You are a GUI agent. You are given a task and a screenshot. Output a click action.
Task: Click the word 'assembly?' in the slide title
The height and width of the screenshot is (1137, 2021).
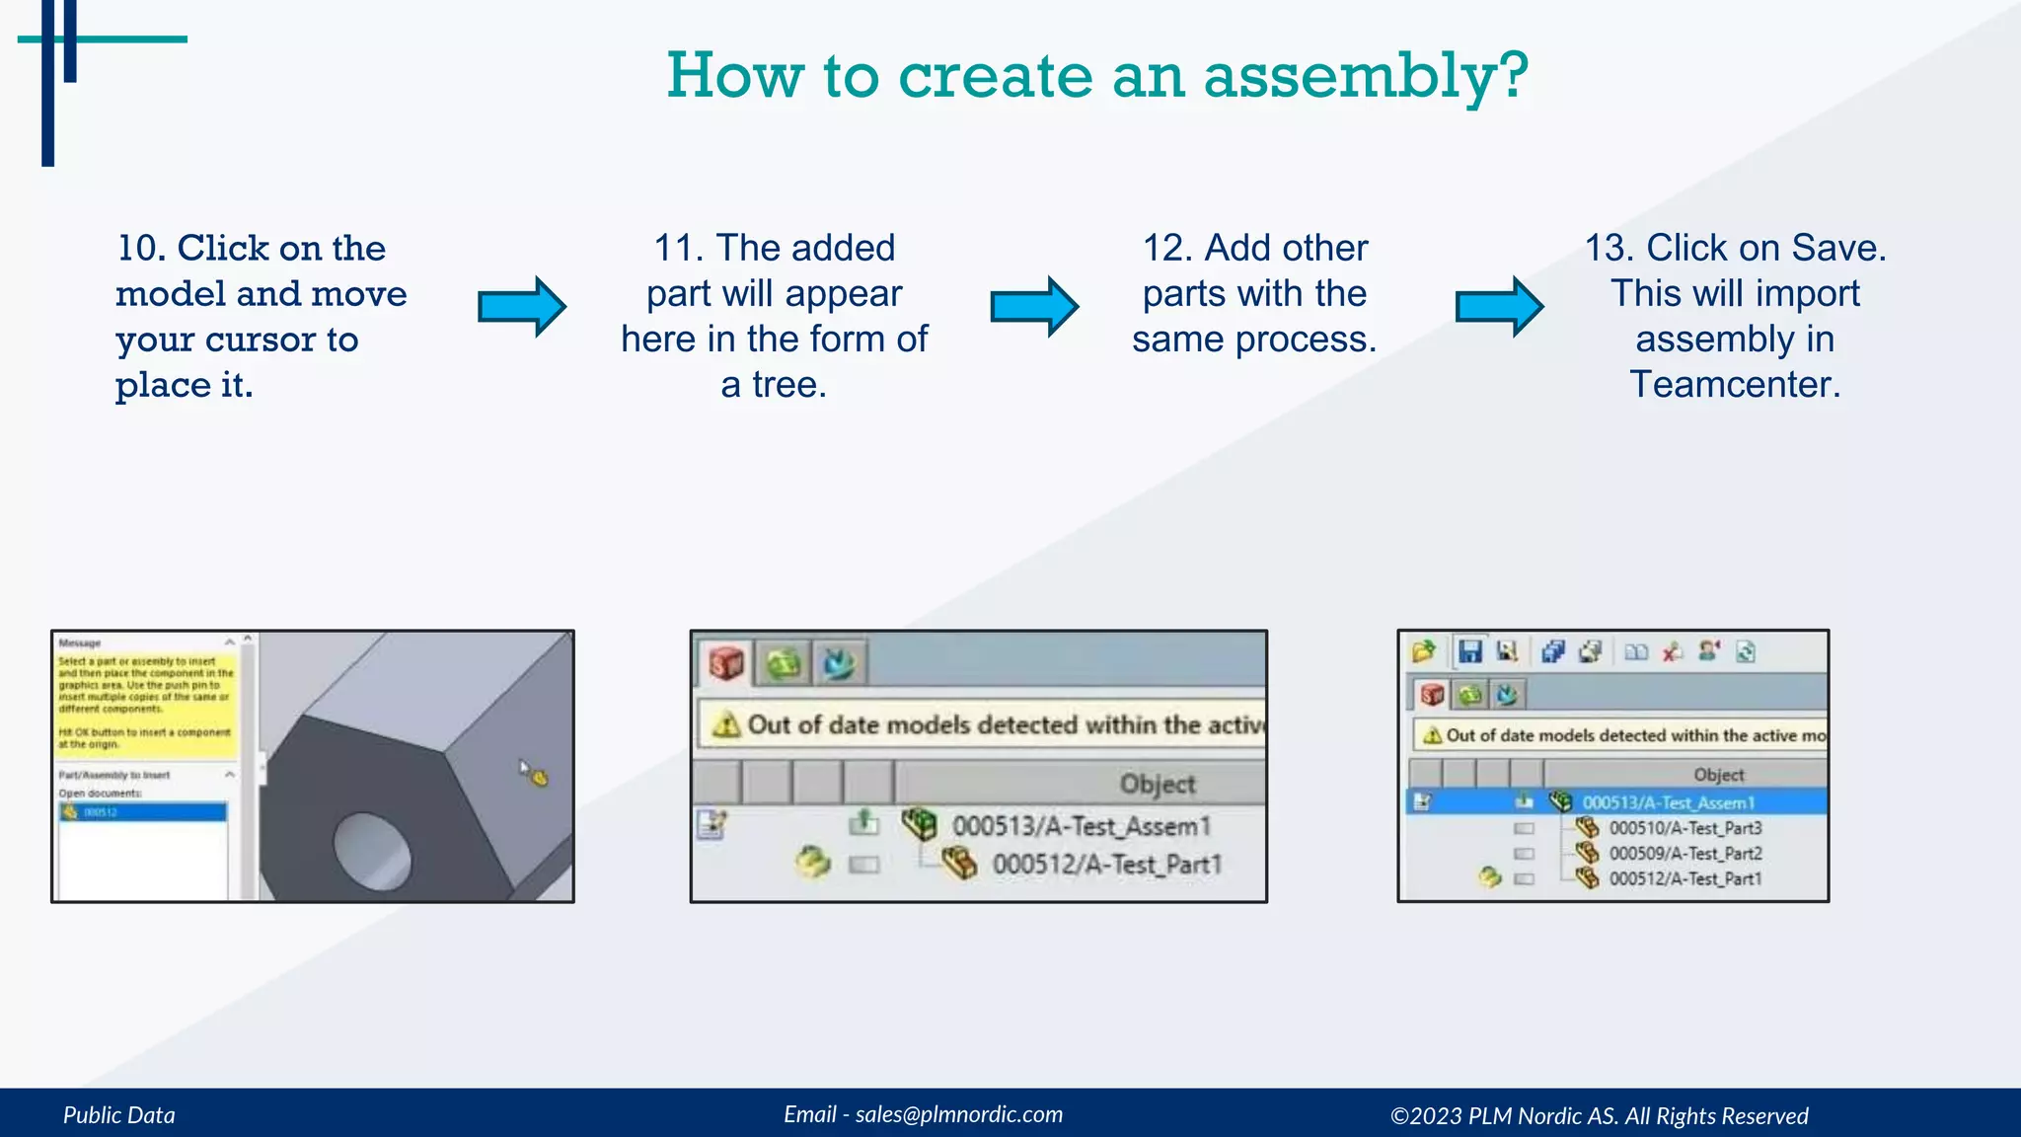pos(1366,77)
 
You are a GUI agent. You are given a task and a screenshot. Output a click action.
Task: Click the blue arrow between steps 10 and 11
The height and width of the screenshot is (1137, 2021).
pos(521,307)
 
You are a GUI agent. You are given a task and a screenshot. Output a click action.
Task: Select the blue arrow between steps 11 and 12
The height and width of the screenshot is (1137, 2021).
pos(1033,307)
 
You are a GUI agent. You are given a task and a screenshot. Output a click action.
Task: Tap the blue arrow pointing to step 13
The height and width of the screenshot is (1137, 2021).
pos(1499,307)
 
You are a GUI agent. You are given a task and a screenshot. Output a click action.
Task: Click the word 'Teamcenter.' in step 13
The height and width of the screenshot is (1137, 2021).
pos(1735,384)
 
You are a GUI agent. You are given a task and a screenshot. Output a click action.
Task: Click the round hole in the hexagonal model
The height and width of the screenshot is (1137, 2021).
pos(372,850)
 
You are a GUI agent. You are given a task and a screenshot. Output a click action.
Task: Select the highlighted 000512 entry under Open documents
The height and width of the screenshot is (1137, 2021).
pos(143,812)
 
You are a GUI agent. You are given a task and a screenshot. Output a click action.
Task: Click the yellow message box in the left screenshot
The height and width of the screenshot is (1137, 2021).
pos(145,702)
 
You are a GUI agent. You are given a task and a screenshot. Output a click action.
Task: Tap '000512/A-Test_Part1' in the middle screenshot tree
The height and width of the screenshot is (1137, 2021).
pos(1106,865)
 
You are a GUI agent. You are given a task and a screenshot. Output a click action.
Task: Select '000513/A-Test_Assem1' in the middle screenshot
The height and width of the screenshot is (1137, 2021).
pos(1081,826)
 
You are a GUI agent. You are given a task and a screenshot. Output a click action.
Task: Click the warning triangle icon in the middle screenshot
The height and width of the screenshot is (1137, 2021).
pos(726,725)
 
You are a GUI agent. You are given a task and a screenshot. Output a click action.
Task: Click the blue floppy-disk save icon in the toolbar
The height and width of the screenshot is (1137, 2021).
pos(1470,651)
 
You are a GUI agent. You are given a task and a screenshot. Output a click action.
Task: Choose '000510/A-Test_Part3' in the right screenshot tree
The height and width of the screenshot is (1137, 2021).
pos(1684,828)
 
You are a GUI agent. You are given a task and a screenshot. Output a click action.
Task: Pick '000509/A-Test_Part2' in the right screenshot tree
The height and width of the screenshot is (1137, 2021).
pos(1684,854)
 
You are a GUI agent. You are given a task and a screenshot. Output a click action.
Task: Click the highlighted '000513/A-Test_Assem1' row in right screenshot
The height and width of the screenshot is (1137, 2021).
pos(1668,802)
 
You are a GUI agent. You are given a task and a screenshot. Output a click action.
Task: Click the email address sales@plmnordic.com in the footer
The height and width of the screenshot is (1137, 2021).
pos(958,1114)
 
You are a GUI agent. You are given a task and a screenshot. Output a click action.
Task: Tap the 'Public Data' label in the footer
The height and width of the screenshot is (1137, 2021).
pos(119,1115)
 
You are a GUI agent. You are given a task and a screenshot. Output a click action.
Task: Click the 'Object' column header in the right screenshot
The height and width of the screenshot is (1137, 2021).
pos(1718,775)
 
